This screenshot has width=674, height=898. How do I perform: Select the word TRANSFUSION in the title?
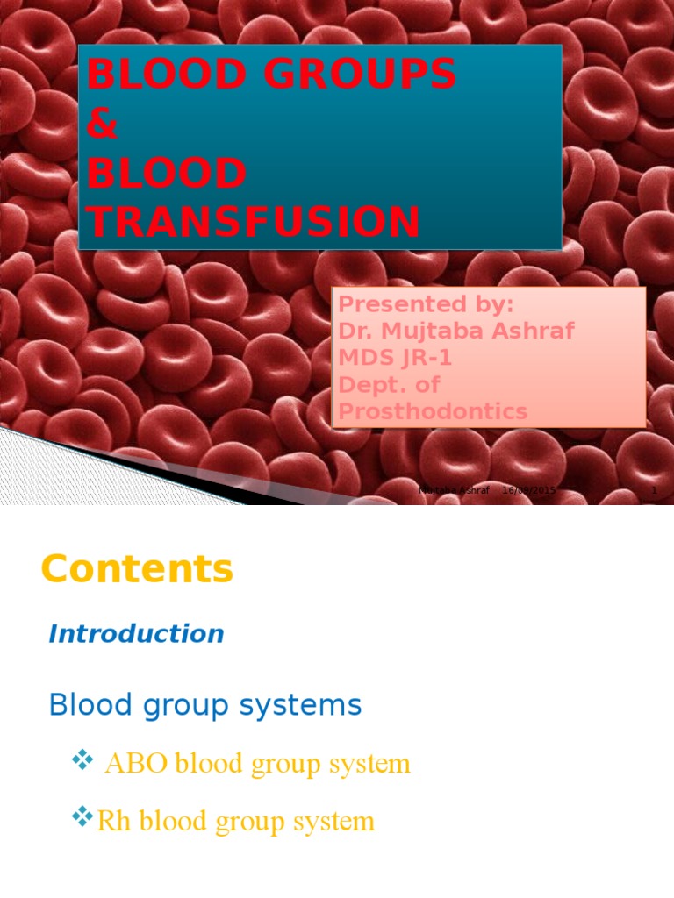pos(254,222)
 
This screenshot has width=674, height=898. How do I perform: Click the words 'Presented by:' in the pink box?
pos(426,304)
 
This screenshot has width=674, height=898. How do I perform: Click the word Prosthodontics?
pos(433,411)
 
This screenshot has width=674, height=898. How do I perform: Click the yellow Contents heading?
pos(137,569)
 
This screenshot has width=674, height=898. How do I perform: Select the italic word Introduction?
pos(136,634)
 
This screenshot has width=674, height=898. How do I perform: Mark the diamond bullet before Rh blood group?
pos(82,819)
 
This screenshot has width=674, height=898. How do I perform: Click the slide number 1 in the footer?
pos(654,491)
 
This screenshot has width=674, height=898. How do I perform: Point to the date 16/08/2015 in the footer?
pos(529,491)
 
